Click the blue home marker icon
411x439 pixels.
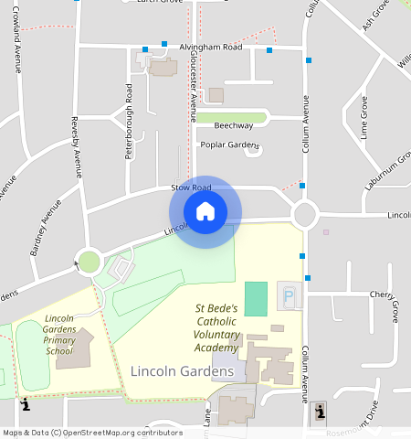click(x=205, y=211)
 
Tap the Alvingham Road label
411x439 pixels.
click(x=211, y=47)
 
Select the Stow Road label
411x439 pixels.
click(x=191, y=187)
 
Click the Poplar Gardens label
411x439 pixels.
click(x=229, y=145)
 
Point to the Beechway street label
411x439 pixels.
click(x=233, y=125)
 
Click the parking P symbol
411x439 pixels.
click(x=290, y=296)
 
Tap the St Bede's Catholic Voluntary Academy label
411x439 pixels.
click(x=216, y=328)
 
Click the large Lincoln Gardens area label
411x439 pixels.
click(x=182, y=371)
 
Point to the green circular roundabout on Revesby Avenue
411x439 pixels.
click(x=89, y=262)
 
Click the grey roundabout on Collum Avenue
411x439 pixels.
click(x=304, y=216)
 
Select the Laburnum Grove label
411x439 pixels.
click(x=388, y=167)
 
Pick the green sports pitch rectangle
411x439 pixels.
click(x=257, y=299)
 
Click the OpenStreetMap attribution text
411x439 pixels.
click(x=91, y=433)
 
